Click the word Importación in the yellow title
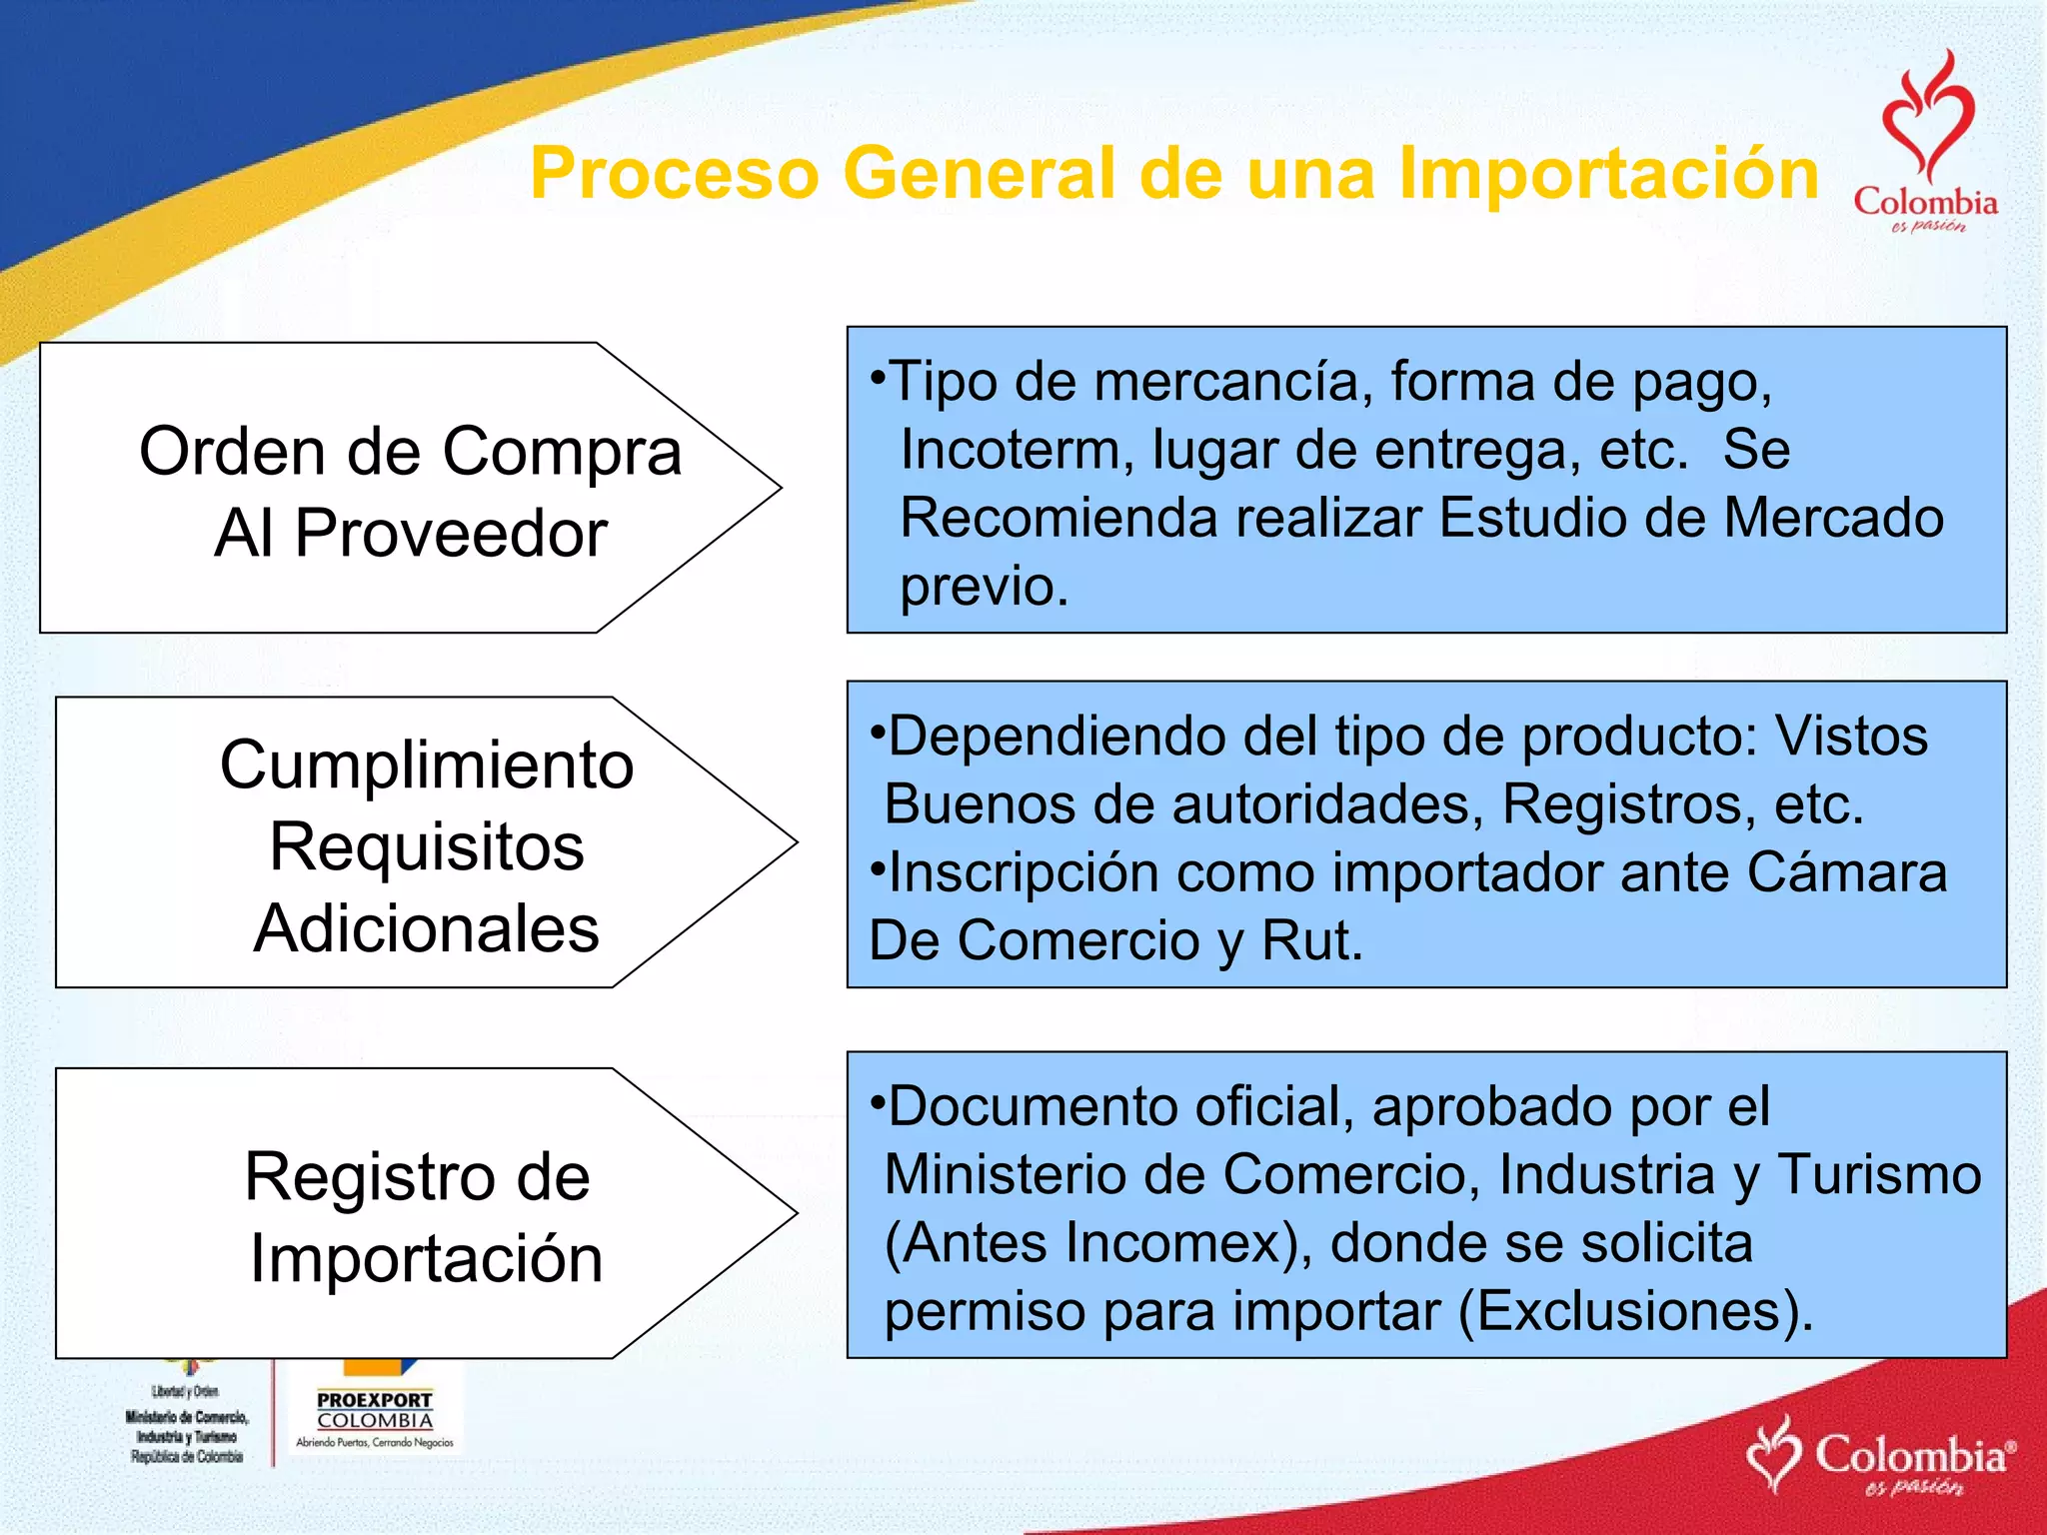[x=1608, y=174]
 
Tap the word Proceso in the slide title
[x=675, y=174]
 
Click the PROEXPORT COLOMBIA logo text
[x=375, y=1410]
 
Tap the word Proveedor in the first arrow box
[x=451, y=534]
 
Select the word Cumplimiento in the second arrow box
[x=427, y=767]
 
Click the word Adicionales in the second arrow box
[x=427, y=929]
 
